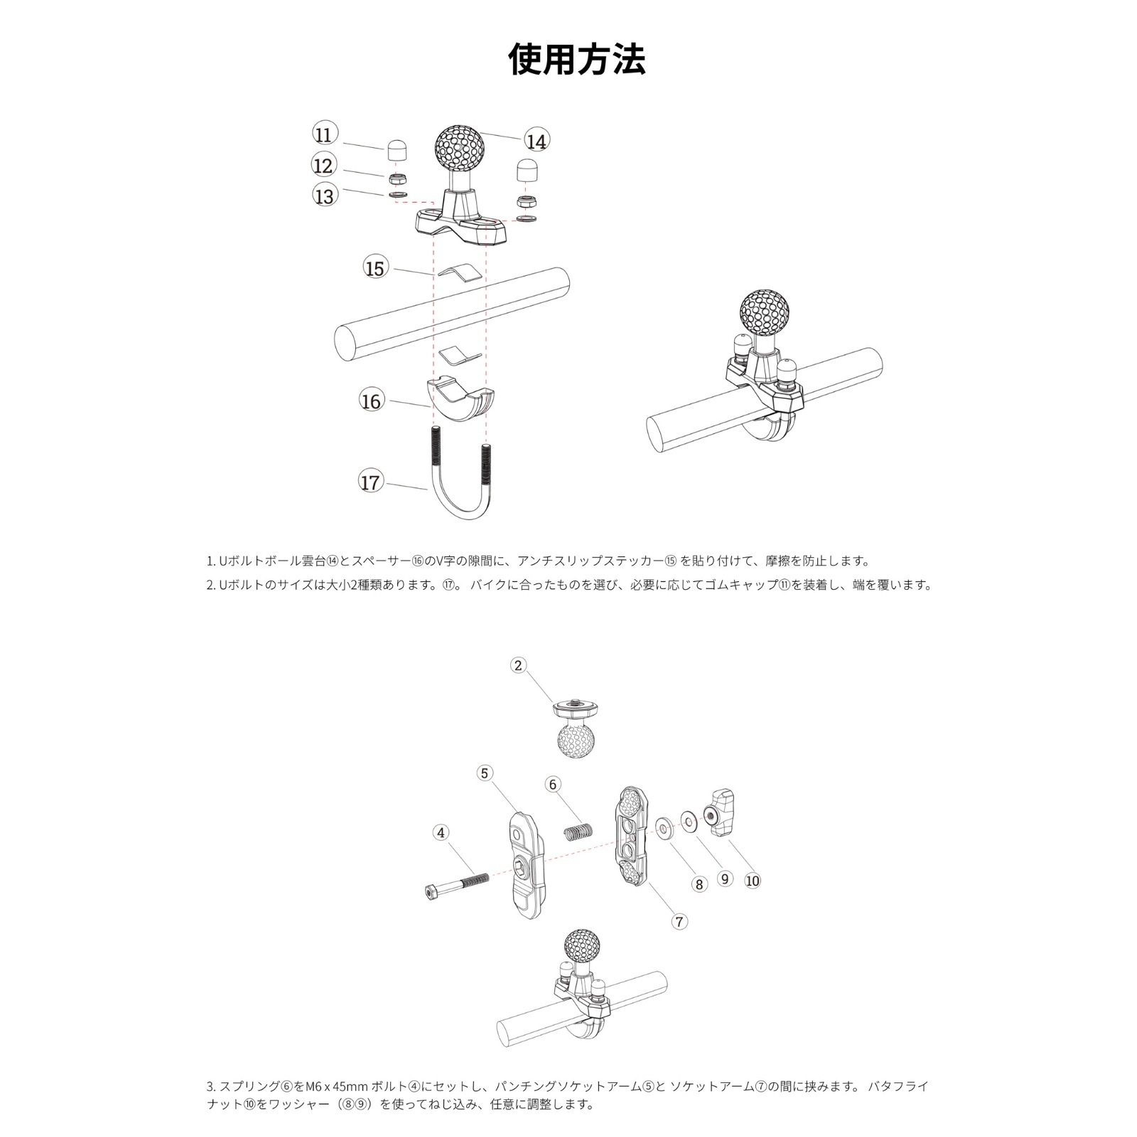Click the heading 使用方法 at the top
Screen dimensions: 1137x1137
[x=577, y=59]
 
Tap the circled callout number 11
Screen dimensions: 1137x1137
[x=324, y=134]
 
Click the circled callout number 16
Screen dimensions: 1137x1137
[x=370, y=401]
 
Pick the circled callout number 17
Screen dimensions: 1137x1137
[x=370, y=483]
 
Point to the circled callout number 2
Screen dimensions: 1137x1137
[x=518, y=665]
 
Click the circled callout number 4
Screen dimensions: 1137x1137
[x=441, y=832]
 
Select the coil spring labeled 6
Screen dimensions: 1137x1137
[x=578, y=830]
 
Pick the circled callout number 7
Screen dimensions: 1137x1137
[x=679, y=922]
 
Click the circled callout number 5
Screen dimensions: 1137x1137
[x=485, y=773]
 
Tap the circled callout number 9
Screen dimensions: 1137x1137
[x=725, y=878]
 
